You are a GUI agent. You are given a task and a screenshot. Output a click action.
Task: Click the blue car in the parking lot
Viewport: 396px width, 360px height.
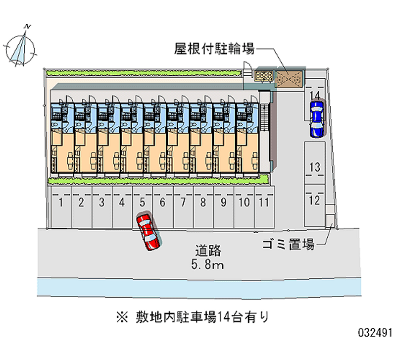point(316,119)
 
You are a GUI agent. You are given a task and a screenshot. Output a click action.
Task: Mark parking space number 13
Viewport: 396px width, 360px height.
point(315,167)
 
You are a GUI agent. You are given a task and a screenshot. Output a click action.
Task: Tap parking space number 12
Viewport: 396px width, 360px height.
point(315,201)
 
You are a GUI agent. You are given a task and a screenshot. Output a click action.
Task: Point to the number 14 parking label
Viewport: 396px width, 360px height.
point(315,94)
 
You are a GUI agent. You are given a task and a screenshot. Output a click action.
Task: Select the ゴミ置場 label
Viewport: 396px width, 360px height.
point(288,244)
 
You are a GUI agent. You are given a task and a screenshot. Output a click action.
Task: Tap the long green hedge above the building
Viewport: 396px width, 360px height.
point(144,73)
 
